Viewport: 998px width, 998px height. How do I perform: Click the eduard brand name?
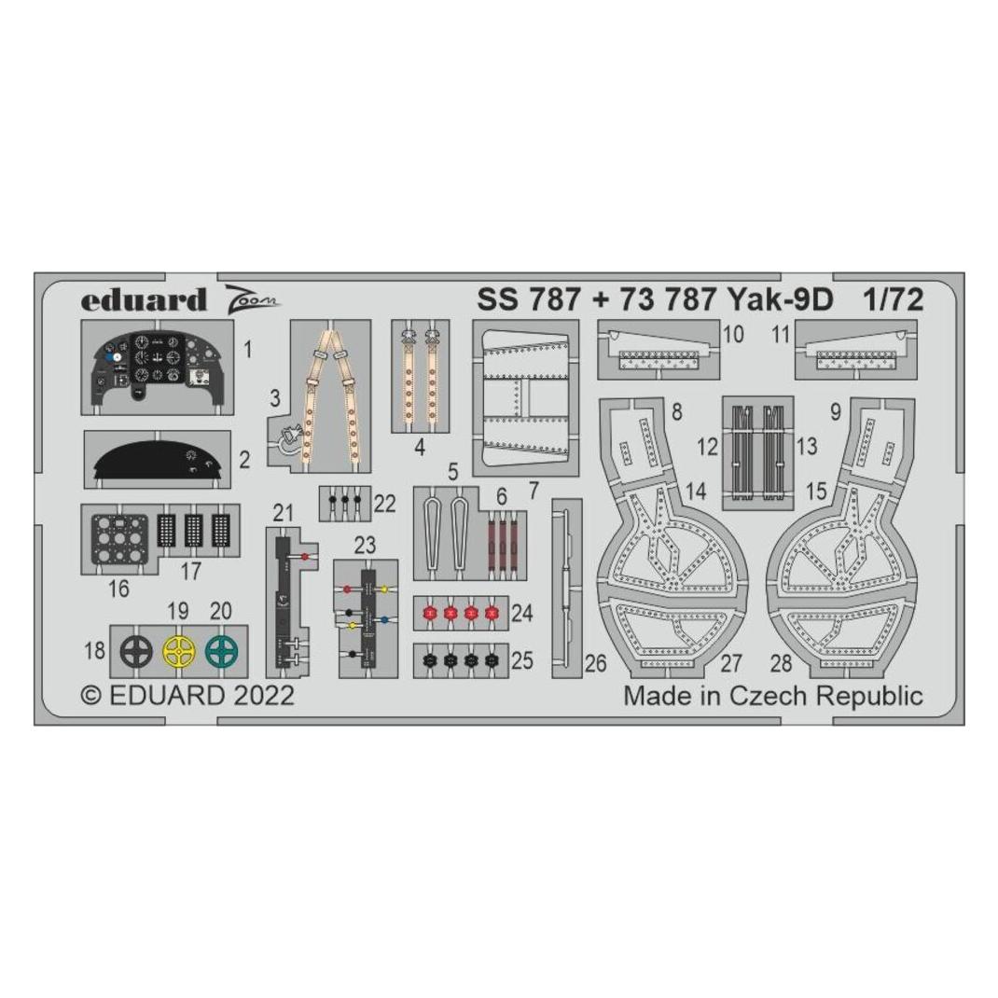tap(144, 299)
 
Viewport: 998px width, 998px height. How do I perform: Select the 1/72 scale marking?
tap(893, 299)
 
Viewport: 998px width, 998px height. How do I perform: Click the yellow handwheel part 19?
tap(178, 651)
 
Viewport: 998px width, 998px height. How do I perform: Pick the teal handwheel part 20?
tap(221, 651)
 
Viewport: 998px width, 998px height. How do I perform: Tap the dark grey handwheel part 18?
tap(136, 651)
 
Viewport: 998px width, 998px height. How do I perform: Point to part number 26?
tap(596, 663)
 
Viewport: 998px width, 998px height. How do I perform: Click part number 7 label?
tap(534, 490)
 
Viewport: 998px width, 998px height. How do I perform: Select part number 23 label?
tap(366, 546)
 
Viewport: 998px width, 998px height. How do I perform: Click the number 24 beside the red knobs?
tap(522, 613)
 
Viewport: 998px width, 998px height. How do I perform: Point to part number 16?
tap(119, 589)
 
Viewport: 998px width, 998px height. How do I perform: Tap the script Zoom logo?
tap(252, 298)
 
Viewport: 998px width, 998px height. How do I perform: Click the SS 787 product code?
tap(528, 299)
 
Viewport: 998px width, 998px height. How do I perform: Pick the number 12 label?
tap(707, 447)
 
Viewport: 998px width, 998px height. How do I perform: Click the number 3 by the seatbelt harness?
tap(274, 398)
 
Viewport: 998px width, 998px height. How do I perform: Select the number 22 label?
tap(384, 504)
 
